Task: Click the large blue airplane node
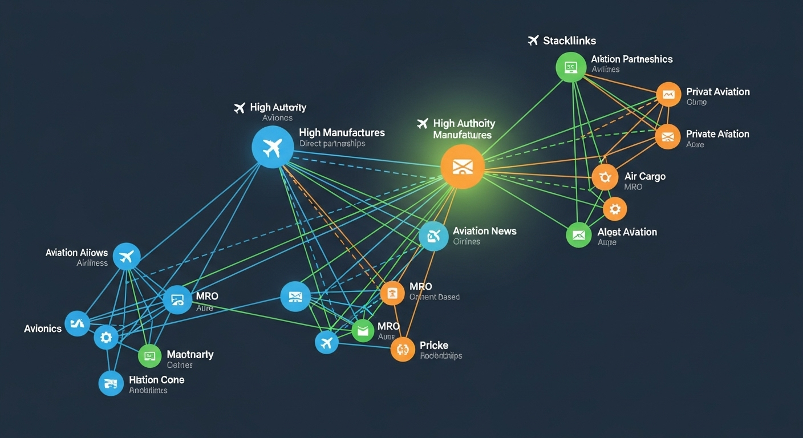[273, 147]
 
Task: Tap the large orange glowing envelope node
[463, 167]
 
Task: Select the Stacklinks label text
[569, 40]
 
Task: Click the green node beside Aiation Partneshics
[571, 67]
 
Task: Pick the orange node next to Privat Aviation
[668, 94]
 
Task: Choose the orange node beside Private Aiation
[668, 137]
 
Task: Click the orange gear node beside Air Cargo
[605, 177]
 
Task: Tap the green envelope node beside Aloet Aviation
[579, 234]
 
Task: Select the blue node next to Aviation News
[433, 236]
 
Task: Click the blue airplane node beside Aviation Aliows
[127, 256]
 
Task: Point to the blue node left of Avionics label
[77, 323]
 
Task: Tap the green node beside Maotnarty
[150, 356]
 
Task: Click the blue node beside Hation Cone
[111, 383]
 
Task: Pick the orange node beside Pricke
[403, 348]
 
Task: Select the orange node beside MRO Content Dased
[392, 293]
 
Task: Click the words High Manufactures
[342, 132]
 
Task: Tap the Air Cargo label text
[644, 176]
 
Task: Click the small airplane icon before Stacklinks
[533, 40]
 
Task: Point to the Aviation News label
[484, 231]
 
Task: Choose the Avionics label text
[43, 328]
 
